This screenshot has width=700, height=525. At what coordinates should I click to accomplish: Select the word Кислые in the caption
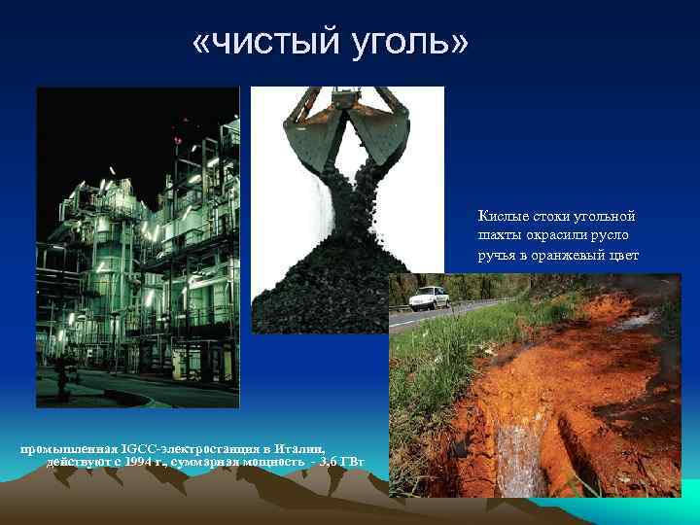coord(500,216)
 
